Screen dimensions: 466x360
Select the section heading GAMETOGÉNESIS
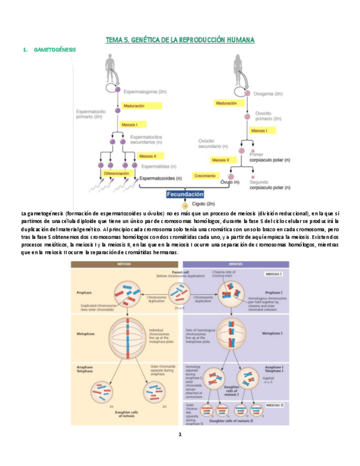tap(54, 49)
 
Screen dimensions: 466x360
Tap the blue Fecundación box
tap(185, 194)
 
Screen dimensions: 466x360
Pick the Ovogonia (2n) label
tap(268, 94)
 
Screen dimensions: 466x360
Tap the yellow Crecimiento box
tap(204, 176)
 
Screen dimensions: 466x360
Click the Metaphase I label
tap(272, 333)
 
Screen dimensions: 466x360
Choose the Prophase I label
tap(273, 292)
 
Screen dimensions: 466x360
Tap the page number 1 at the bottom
tap(180, 435)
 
